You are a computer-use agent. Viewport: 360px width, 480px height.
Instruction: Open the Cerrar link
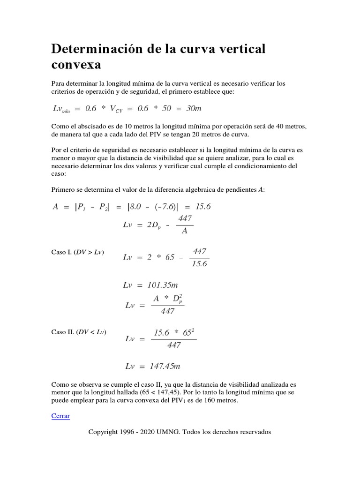[x=60, y=416]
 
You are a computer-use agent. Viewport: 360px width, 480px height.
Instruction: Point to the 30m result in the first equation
[x=194, y=108]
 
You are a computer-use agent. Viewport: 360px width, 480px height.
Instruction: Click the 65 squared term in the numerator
[x=184, y=333]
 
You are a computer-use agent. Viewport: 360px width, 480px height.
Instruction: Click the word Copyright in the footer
[x=104, y=432]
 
